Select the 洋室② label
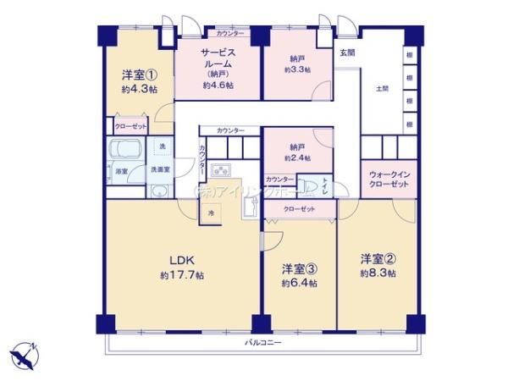pos(377,258)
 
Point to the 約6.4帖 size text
pos(300,283)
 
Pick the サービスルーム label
pos(218,58)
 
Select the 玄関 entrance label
pos(347,52)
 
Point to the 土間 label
pos(382,90)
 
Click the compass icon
pos(25,355)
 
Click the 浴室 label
pos(121,171)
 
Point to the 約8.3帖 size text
pos(377,273)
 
